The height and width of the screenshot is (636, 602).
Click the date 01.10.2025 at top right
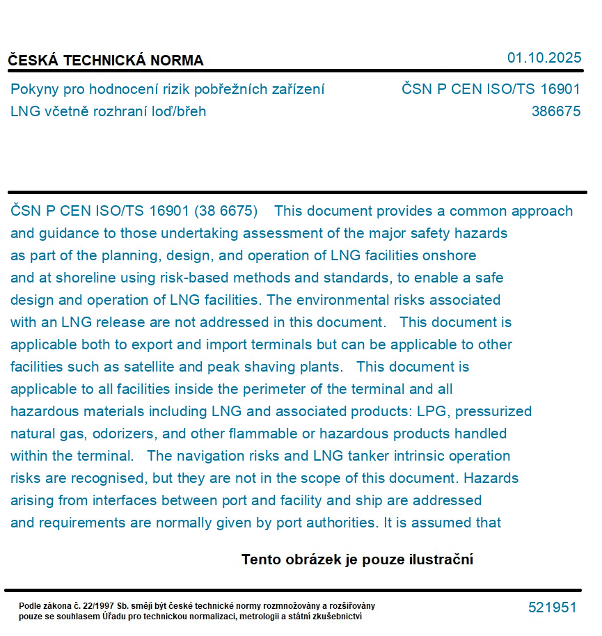click(544, 58)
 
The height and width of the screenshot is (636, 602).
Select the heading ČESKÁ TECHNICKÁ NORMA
click(106, 61)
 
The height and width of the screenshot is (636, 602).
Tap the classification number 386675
click(555, 111)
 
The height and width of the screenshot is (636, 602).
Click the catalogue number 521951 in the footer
click(552, 607)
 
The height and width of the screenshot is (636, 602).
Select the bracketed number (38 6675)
click(225, 211)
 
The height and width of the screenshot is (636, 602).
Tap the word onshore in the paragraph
click(451, 255)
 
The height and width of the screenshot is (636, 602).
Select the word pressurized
click(493, 411)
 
